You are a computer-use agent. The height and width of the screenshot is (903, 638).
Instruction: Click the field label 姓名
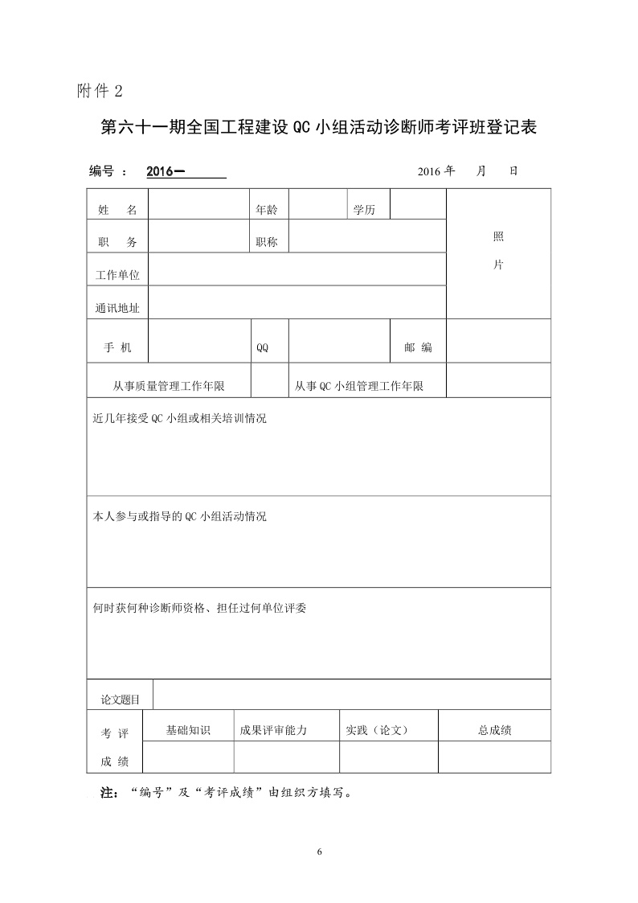[117, 210]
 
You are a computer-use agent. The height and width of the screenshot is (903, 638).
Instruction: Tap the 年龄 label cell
[267, 210]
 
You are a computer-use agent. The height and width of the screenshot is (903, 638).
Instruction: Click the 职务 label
[117, 242]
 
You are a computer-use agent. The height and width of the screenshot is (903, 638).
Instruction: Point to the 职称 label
[267, 242]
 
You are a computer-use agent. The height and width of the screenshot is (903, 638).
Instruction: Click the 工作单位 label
[117, 275]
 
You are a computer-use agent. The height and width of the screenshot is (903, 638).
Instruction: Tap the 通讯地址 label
[117, 307]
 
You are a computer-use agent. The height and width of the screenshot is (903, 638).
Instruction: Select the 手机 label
[117, 347]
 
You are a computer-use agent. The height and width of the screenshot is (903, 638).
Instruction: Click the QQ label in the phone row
[262, 348]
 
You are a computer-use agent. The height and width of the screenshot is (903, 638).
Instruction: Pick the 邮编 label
[418, 347]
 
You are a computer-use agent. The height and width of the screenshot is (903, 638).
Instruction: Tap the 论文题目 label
[120, 700]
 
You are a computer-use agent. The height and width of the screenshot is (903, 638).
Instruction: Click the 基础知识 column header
[187, 730]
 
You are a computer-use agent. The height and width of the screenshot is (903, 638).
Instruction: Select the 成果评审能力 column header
[273, 730]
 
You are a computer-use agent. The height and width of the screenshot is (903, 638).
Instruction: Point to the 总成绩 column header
[495, 730]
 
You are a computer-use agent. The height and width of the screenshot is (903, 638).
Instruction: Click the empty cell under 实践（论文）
[388, 757]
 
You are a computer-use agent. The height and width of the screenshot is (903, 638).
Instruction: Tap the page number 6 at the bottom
[319, 852]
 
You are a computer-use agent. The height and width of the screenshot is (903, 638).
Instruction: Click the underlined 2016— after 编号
[166, 171]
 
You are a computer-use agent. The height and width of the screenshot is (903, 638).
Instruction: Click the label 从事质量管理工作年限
[169, 387]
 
